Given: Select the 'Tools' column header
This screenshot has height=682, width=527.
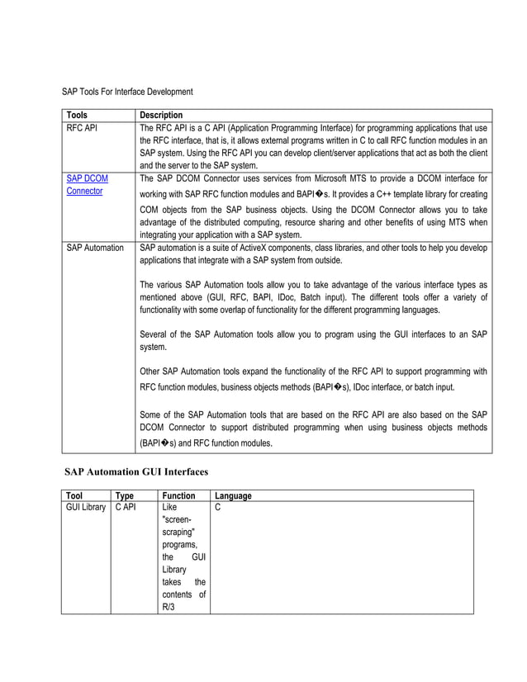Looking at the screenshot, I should [77, 115].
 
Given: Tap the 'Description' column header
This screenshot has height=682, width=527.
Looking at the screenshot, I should [161, 115].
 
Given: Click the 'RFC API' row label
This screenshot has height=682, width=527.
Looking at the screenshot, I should [82, 128].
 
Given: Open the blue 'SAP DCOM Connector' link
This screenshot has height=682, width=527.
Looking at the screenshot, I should [86, 184].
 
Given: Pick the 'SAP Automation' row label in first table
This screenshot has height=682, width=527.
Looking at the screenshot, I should [94, 248].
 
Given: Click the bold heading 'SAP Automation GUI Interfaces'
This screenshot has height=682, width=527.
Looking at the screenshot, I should [136, 471].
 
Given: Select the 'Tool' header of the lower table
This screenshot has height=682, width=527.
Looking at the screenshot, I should [74, 496].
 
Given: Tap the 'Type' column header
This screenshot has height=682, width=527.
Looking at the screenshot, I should [125, 496].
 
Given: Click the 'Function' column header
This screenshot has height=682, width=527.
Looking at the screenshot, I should [178, 496].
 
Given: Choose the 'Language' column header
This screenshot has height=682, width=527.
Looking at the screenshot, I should [233, 496].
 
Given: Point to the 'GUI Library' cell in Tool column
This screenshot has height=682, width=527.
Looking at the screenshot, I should [86, 508].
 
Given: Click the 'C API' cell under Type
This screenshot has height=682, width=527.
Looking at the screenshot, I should [126, 508].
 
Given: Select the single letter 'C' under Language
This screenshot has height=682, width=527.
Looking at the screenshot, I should [218, 508].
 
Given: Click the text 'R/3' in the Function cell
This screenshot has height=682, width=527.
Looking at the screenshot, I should [169, 607].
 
